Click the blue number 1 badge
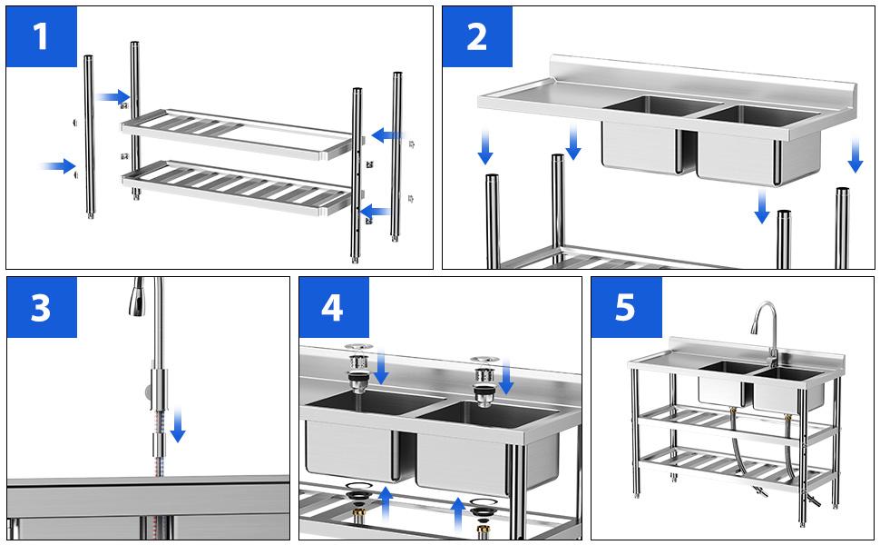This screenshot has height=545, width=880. tap(42, 36)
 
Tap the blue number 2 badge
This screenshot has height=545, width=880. tap(477, 36)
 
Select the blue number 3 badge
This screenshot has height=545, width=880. tap(42, 308)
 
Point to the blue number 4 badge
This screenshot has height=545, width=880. tap(333, 308)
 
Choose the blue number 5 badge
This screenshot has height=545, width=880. tap(626, 308)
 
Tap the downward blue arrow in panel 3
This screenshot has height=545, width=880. tap(178, 424)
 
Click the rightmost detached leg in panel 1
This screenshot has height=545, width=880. tap(397, 154)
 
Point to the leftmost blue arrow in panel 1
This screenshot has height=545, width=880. tap(59, 165)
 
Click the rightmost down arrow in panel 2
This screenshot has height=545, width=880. tap(855, 154)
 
